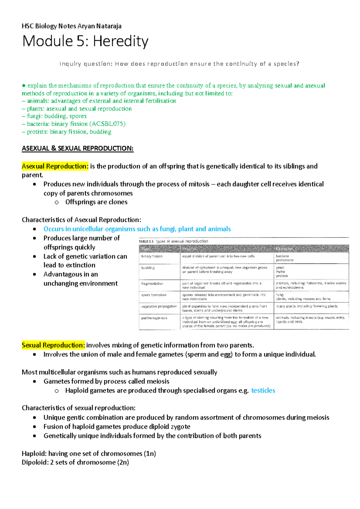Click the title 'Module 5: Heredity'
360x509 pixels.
point(85,41)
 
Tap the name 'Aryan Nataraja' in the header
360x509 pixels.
point(99,26)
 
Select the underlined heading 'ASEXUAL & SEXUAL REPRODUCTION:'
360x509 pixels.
point(77,148)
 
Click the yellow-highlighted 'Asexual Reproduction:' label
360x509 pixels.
point(55,166)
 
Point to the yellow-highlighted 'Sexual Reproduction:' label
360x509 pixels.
point(53,345)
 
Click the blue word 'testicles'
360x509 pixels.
point(263,390)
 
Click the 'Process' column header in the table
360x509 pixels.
point(189,249)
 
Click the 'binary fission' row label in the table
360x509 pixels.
point(152,256)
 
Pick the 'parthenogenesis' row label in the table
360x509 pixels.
point(154,318)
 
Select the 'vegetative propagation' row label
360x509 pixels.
point(159,306)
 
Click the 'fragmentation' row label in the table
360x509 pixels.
point(152,283)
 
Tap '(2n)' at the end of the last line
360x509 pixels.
point(123,462)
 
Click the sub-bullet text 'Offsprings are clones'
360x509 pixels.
point(96,202)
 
